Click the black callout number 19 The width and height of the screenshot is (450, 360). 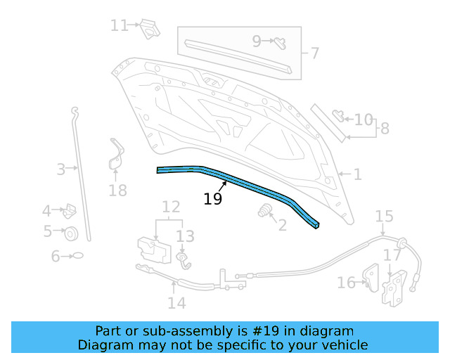(x=212, y=199)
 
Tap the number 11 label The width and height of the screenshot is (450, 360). (x=120, y=25)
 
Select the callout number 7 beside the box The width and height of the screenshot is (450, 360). (x=314, y=53)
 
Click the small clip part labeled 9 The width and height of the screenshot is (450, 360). (x=280, y=44)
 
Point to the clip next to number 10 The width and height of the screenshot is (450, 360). (x=338, y=115)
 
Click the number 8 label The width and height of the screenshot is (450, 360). (x=385, y=129)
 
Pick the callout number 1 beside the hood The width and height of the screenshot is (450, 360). (x=357, y=174)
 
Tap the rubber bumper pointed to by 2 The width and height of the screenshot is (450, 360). (x=264, y=210)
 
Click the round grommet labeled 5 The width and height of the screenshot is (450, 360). (x=71, y=233)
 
